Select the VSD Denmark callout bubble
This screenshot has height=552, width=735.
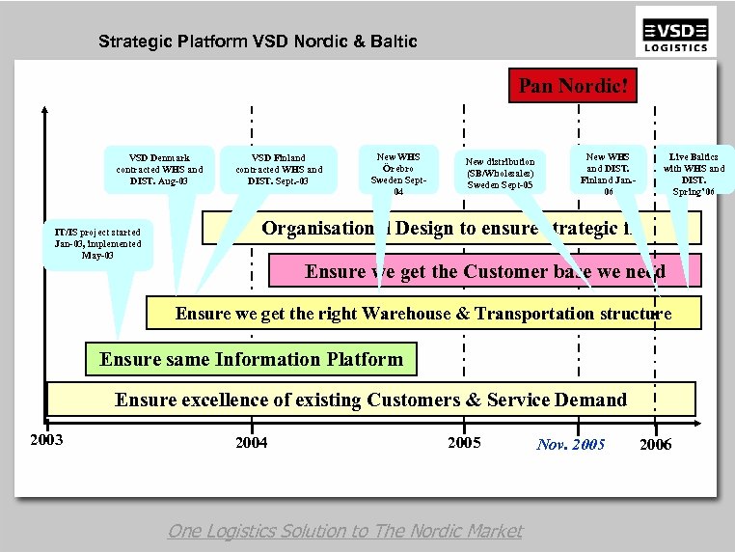pos(158,169)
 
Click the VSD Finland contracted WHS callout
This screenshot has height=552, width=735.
pos(279,169)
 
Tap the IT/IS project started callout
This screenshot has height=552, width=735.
pos(97,244)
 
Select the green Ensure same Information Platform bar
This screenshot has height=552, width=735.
pos(251,360)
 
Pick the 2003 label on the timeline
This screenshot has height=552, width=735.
pos(46,440)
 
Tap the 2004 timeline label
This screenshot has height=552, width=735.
pos(251,443)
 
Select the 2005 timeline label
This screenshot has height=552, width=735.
pos(464,443)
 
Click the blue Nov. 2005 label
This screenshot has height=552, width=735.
pos(571,444)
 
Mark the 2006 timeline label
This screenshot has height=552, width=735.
pos(655,445)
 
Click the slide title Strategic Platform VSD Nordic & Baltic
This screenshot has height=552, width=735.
pos(258,41)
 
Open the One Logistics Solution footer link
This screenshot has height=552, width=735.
pos(345,531)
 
